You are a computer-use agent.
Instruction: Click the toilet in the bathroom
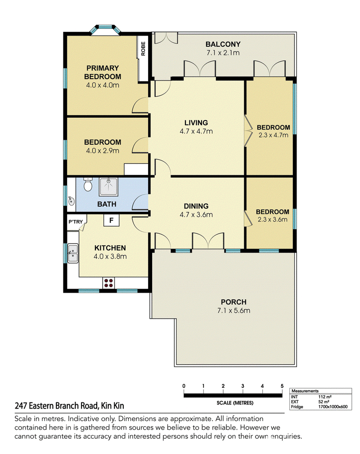click(88, 184)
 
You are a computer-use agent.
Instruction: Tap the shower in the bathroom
click(109, 187)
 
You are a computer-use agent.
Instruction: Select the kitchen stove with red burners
click(109, 283)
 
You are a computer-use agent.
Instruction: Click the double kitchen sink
click(73, 253)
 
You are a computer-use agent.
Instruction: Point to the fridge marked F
click(111, 220)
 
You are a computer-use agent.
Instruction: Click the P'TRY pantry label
click(76, 222)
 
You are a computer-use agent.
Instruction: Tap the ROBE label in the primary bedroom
click(143, 49)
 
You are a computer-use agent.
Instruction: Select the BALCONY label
click(223, 45)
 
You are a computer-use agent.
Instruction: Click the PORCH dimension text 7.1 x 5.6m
click(234, 311)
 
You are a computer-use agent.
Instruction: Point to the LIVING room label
click(196, 123)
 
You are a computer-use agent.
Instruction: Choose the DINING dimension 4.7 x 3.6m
click(196, 214)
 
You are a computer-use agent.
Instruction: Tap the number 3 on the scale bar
click(243, 386)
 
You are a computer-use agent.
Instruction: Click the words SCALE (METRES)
click(235, 403)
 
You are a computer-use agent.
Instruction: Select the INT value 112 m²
click(325, 397)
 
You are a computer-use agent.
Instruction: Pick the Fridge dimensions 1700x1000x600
click(333, 407)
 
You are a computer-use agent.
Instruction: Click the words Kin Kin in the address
click(112, 405)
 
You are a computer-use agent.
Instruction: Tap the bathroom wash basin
click(71, 200)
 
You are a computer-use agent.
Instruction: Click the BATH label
click(107, 204)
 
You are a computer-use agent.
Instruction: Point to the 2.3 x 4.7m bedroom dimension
click(273, 135)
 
